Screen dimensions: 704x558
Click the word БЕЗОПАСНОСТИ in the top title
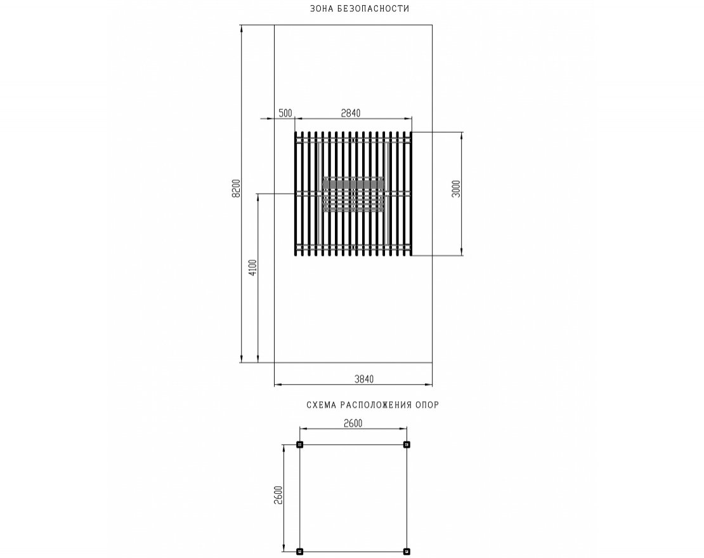374,8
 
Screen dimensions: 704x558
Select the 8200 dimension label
237,189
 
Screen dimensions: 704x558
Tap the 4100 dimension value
253,268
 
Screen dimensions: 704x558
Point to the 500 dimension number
285,113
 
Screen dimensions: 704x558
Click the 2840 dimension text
351,113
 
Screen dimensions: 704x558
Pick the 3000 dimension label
456,189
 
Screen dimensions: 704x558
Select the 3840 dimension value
364,379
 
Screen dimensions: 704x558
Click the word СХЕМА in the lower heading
321,405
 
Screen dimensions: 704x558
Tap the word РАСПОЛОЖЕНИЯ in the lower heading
376,405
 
